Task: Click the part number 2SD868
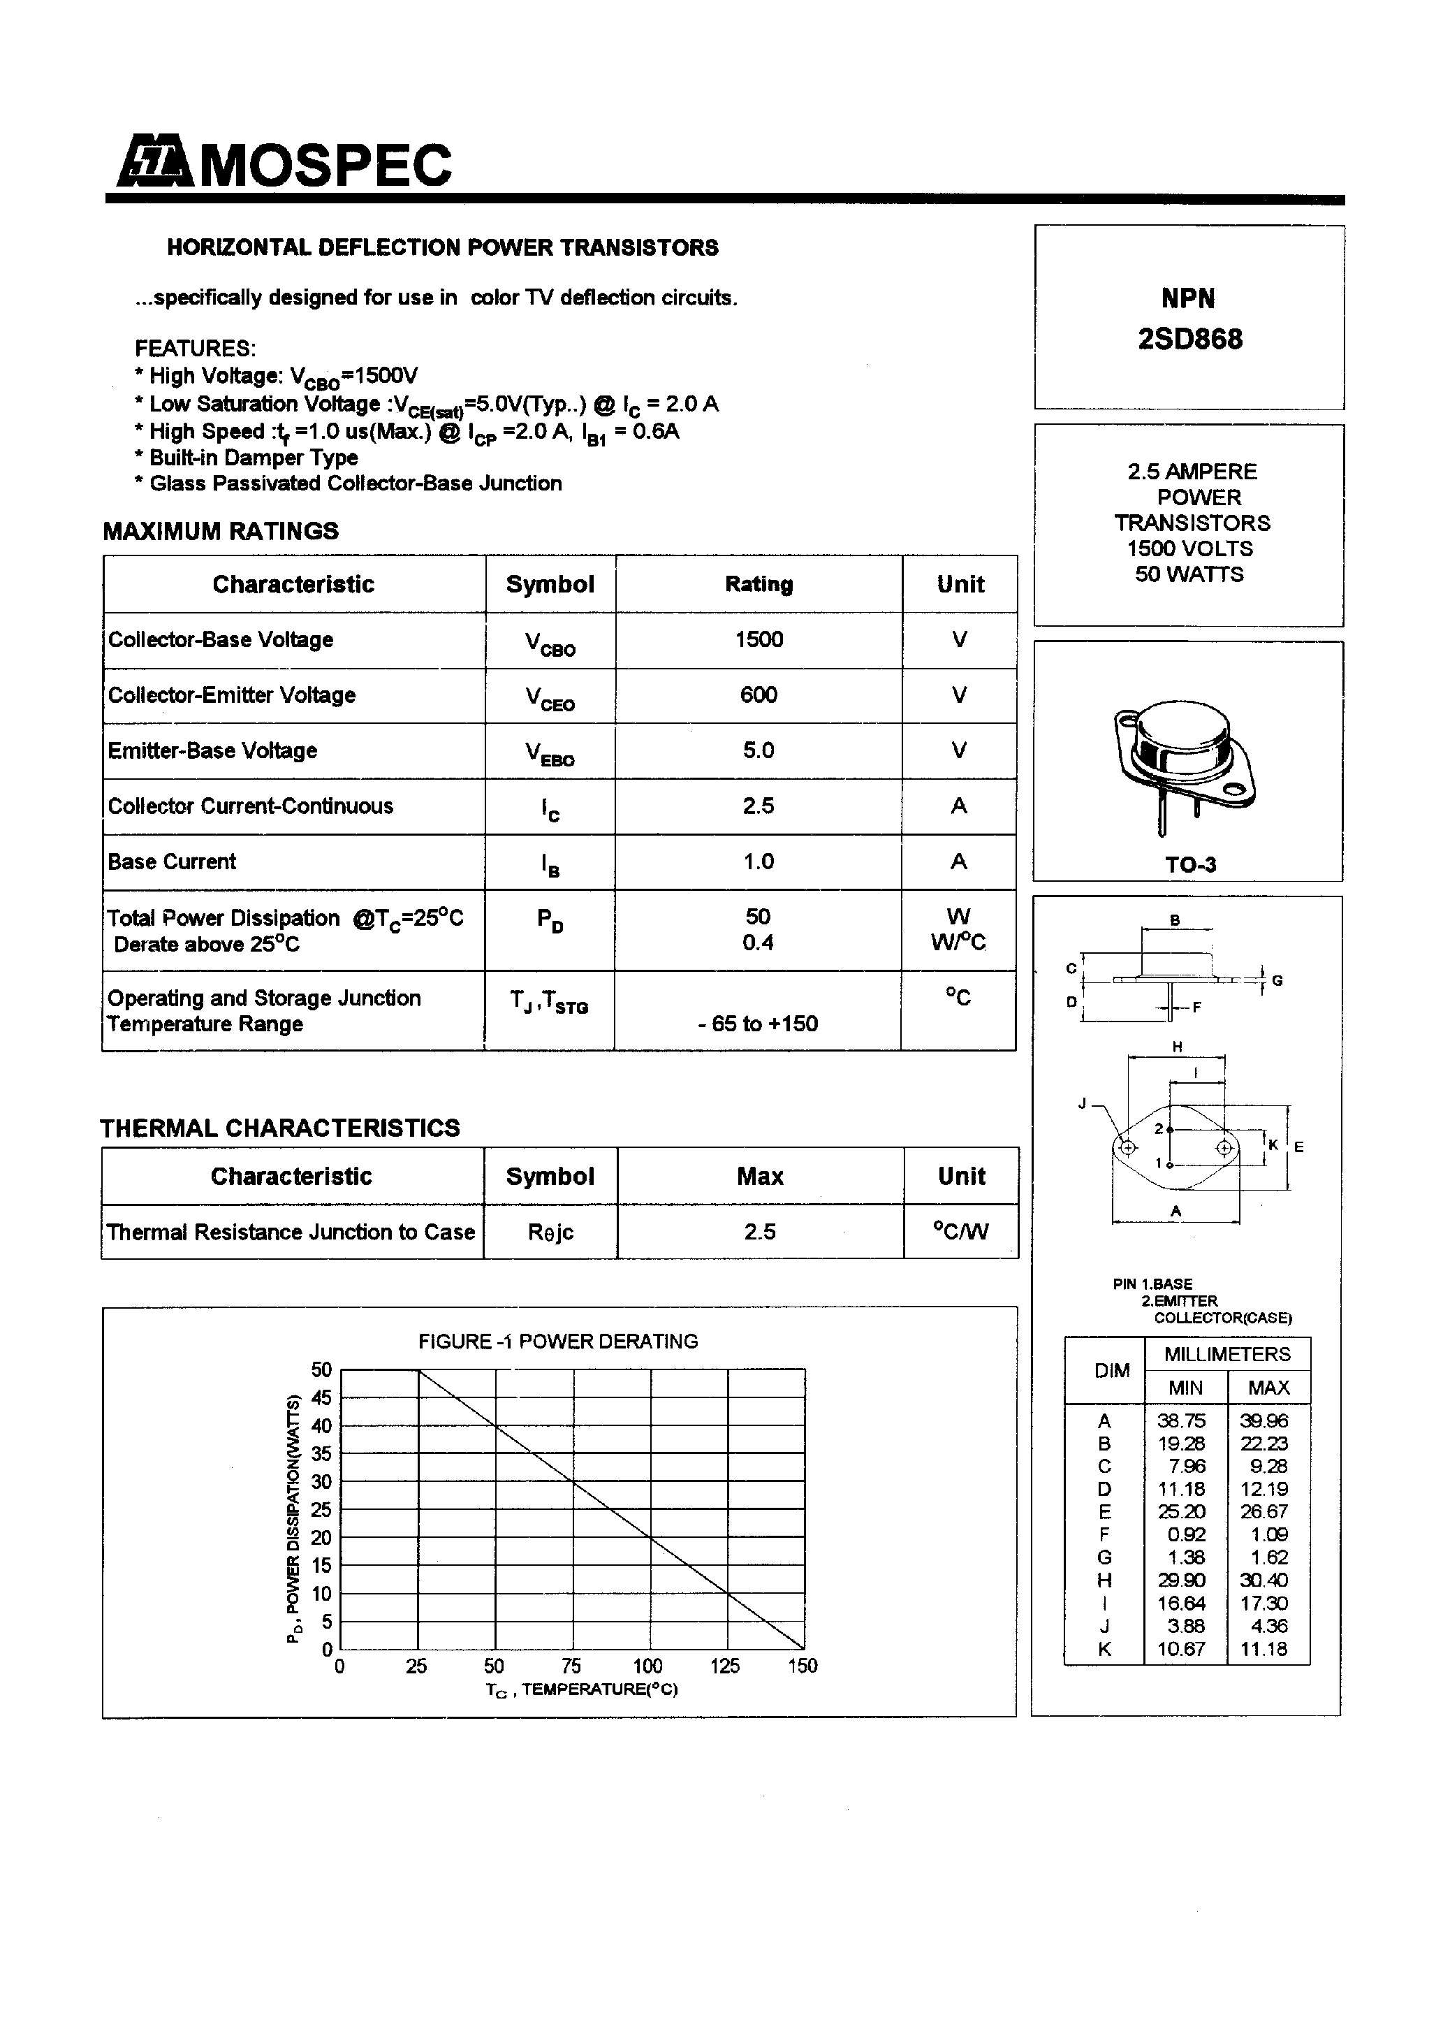tap(1189, 339)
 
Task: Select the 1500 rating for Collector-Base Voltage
tap(758, 640)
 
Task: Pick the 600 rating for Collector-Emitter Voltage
tap(758, 695)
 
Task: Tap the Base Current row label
tap(172, 862)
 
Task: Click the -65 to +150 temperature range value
tap(758, 1024)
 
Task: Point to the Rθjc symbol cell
tap(550, 1233)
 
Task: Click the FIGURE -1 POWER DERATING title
tap(558, 1342)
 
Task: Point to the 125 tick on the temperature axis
tap(725, 1666)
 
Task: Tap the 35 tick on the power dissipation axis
tap(321, 1454)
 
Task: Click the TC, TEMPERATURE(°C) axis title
tap(581, 1689)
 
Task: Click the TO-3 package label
tap(1190, 865)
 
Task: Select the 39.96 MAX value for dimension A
tap(1263, 1421)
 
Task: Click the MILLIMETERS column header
tap(1226, 1354)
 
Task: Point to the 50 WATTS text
tap(1189, 575)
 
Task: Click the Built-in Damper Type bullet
tap(254, 458)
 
